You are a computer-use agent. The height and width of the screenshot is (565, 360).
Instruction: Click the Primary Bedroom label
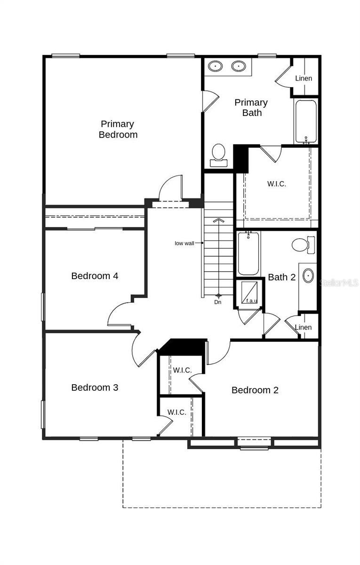(118, 129)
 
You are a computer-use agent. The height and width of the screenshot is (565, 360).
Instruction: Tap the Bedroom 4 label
(95, 276)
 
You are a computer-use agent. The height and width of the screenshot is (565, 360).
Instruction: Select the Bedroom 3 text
(95, 387)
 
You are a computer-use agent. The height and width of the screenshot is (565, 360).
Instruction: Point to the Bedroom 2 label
(255, 390)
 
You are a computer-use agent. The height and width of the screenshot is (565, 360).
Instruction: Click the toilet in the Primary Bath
(218, 155)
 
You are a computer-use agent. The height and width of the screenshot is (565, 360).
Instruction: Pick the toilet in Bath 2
(304, 245)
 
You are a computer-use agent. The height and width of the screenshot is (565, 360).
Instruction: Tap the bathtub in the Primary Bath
(306, 121)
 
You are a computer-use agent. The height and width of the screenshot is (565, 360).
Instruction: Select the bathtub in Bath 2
(248, 253)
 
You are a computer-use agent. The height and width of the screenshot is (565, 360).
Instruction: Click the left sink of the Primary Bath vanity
(216, 66)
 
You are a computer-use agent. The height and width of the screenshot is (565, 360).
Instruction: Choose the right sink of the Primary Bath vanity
(239, 66)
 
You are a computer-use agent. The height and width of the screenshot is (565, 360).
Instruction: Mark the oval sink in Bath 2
(308, 275)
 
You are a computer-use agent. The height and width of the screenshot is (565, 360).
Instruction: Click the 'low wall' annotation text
(184, 243)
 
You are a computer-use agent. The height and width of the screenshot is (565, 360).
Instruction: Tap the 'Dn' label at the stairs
(218, 302)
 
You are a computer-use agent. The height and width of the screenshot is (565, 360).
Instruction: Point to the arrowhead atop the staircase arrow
(218, 220)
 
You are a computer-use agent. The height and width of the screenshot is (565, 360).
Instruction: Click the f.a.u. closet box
(249, 293)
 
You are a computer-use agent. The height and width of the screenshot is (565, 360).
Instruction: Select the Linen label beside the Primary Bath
(304, 78)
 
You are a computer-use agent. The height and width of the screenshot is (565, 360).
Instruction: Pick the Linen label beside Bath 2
(303, 327)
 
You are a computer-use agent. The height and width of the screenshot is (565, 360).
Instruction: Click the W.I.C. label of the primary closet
(277, 184)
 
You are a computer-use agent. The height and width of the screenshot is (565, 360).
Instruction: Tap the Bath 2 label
(281, 277)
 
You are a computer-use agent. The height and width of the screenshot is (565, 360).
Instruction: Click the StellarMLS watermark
(339, 283)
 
